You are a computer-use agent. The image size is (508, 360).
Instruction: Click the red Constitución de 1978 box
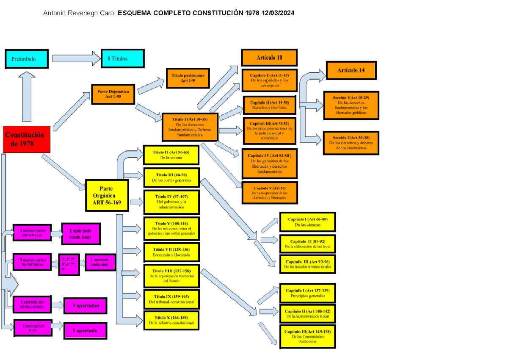pyautogui.click(x=27, y=139)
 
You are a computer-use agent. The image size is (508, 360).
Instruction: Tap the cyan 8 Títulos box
pyautogui.click(x=122, y=58)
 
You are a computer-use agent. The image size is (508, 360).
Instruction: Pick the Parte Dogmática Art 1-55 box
pyautogui.click(x=113, y=94)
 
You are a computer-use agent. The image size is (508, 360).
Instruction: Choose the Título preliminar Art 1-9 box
pyautogui.click(x=188, y=78)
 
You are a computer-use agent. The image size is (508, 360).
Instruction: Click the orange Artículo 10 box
pyautogui.click(x=269, y=58)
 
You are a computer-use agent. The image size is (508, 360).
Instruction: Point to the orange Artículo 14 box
pyautogui.click(x=351, y=70)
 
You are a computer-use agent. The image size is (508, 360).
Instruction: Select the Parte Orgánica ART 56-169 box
pyautogui.click(x=107, y=195)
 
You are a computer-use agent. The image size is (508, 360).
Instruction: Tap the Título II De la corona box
pyautogui.click(x=171, y=155)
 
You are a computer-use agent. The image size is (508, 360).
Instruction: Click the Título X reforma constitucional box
pyautogui.click(x=171, y=320)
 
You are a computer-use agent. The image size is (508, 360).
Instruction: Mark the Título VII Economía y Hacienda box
pyautogui.click(x=171, y=252)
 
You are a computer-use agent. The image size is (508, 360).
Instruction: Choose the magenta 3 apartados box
pyautogui.click(x=85, y=305)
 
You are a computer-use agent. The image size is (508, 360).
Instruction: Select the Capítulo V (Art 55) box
pyautogui.click(x=269, y=193)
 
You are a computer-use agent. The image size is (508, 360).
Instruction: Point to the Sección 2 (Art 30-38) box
pyautogui.click(x=351, y=143)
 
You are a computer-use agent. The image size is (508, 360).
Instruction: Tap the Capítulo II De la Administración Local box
pyautogui.click(x=308, y=313)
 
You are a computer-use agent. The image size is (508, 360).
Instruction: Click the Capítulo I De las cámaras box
pyautogui.click(x=308, y=222)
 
